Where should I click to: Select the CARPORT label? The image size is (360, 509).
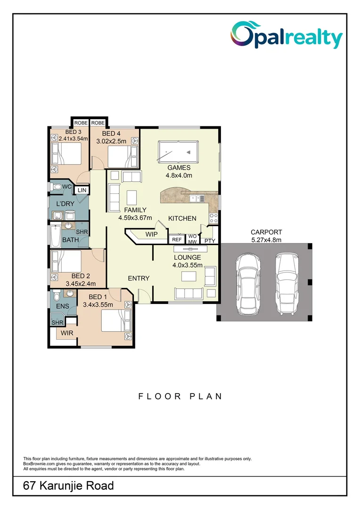tap(266, 232)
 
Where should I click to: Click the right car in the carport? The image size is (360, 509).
tap(287, 283)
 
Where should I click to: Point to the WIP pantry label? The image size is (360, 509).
tap(151, 234)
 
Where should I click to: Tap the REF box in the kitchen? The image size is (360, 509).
tap(177, 239)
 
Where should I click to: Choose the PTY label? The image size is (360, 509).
tap(210, 241)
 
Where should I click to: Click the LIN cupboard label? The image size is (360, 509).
tap(82, 190)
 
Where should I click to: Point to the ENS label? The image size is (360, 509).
tap(62, 306)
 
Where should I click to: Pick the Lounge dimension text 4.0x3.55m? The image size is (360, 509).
tap(188, 265)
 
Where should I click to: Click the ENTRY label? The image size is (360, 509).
tap(139, 279)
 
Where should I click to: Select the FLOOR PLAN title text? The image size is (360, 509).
tap(180, 396)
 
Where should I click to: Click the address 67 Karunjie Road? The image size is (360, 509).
tap(69, 485)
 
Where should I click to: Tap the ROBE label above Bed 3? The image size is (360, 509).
tap(81, 123)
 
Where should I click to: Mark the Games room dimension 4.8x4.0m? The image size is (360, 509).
tap(178, 175)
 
